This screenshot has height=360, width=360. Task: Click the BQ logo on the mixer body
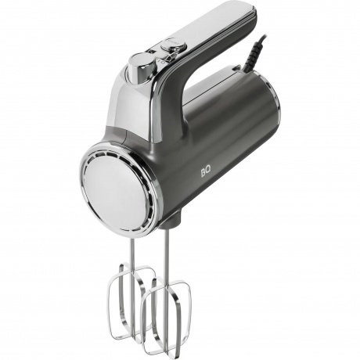[206, 174]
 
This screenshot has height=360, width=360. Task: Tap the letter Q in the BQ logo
[209, 174]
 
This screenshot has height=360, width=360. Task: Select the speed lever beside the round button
[171, 58]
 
